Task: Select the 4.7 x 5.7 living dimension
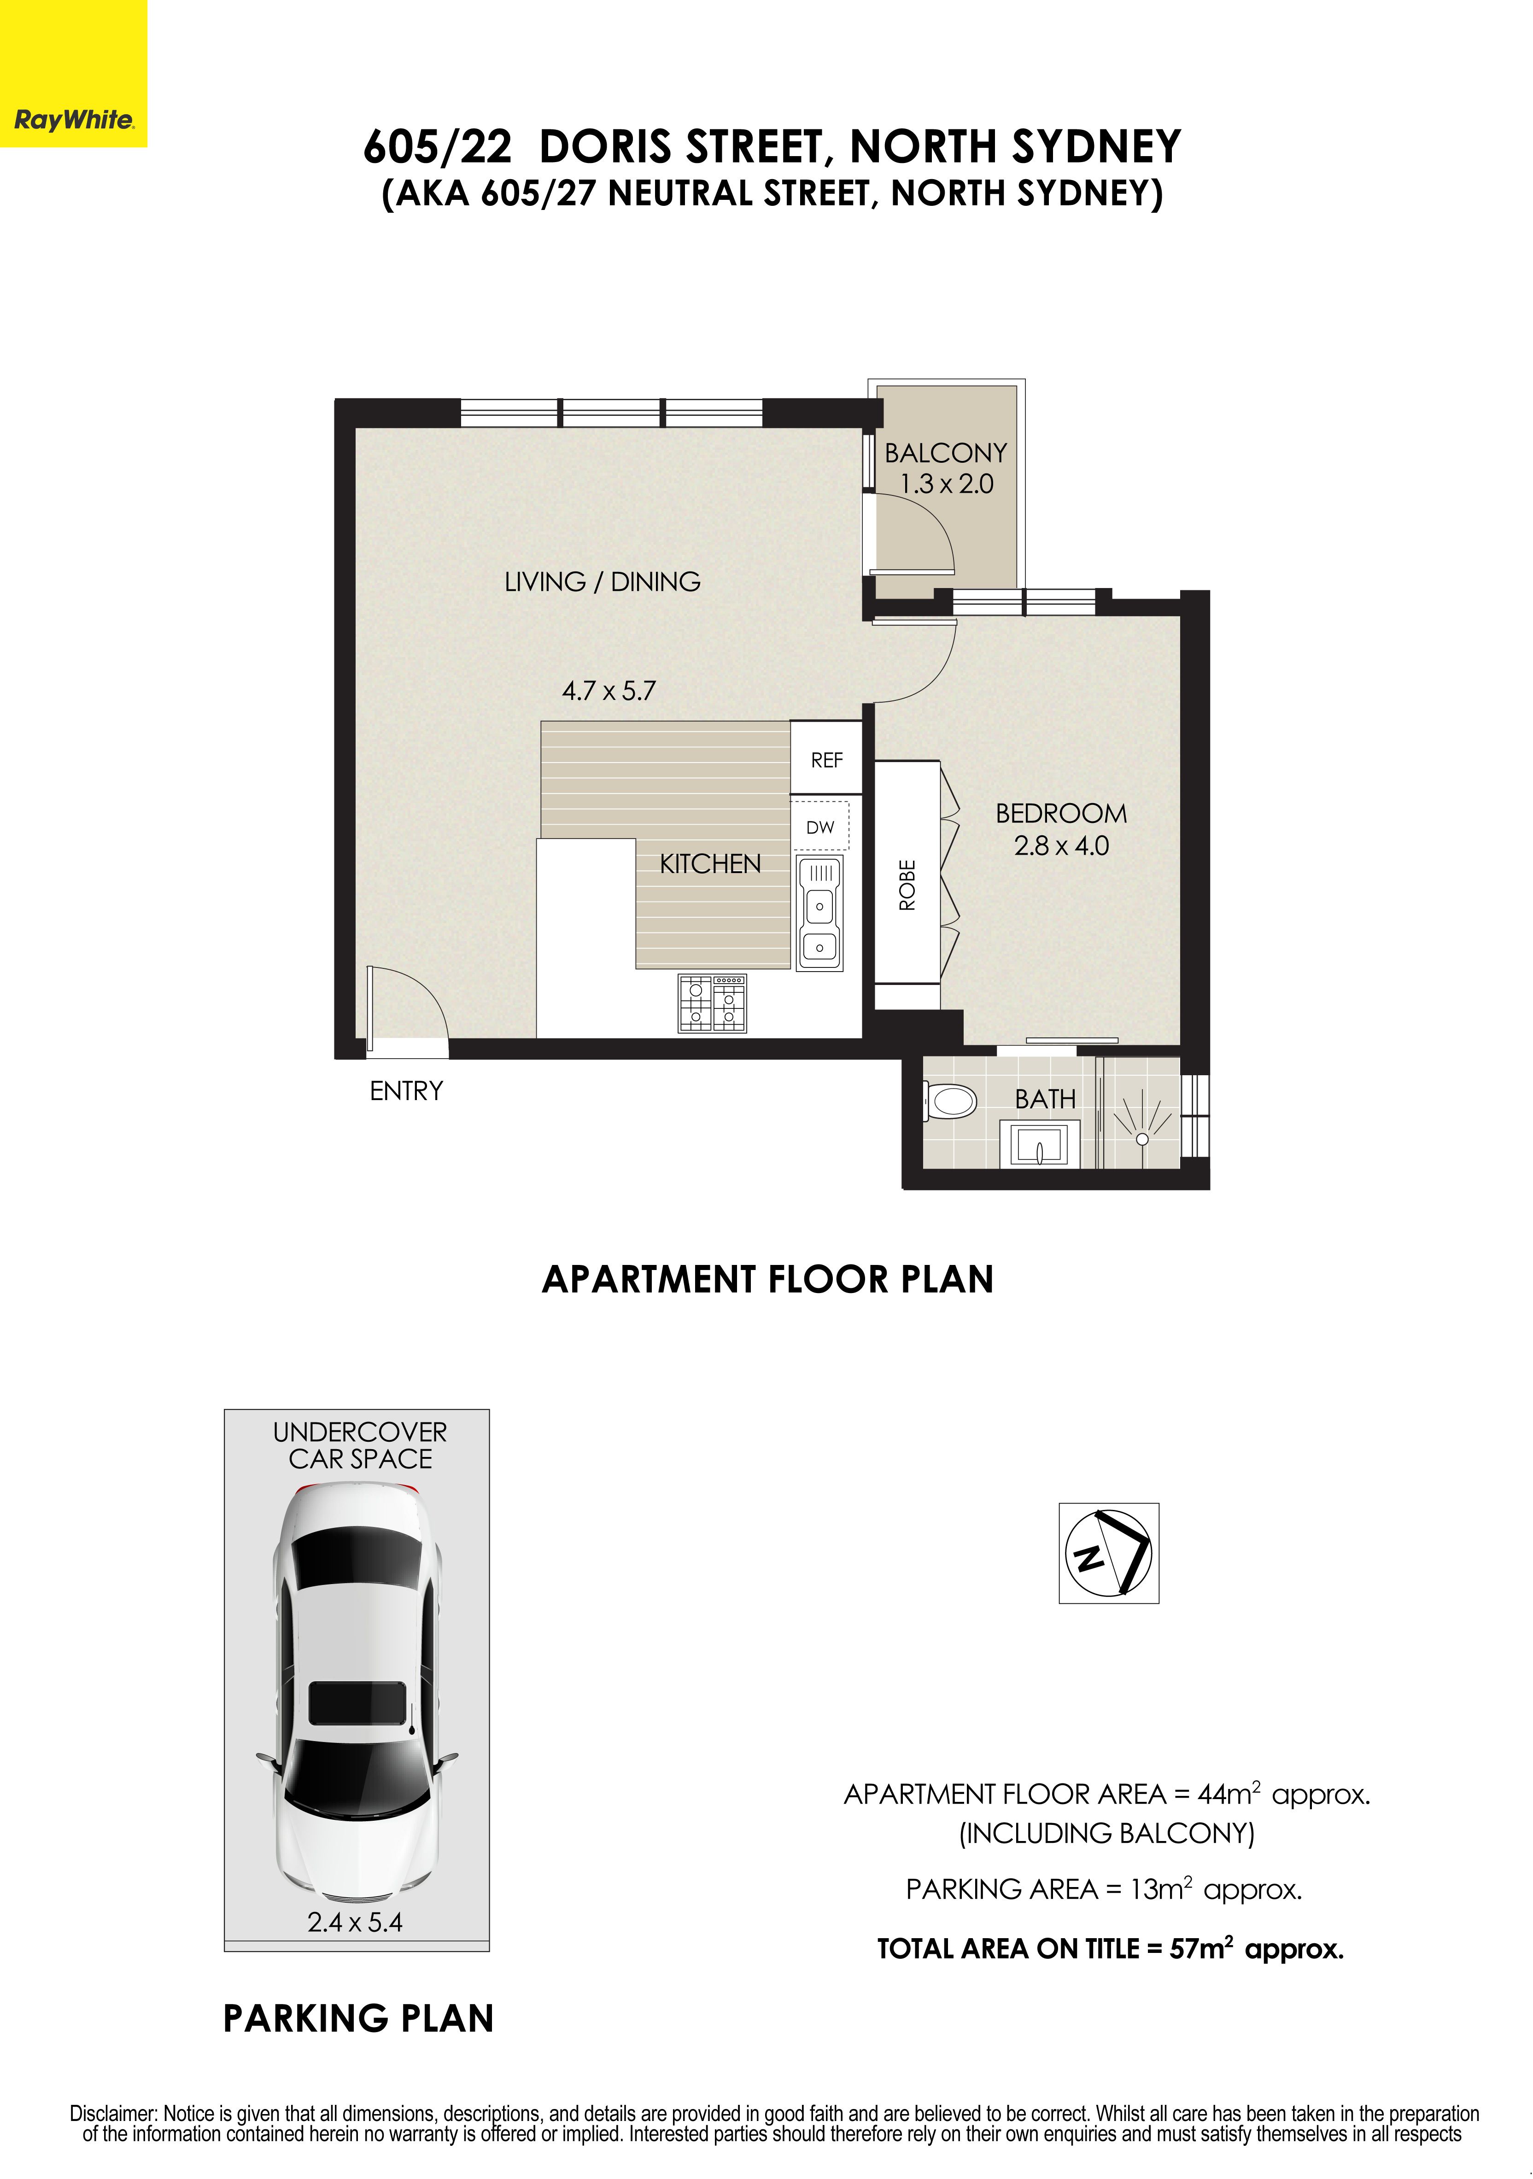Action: [609, 691]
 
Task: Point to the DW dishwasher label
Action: [820, 827]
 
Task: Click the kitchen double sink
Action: [819, 912]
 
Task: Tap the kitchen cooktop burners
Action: [712, 1003]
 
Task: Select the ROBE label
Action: [907, 886]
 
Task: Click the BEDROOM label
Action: [1061, 813]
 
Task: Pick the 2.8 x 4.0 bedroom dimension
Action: [1061, 845]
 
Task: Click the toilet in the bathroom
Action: [950, 1103]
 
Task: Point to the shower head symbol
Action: [1142, 1138]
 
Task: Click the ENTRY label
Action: [406, 1091]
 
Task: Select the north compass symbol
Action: [1109, 1553]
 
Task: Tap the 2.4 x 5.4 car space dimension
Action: [355, 1922]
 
